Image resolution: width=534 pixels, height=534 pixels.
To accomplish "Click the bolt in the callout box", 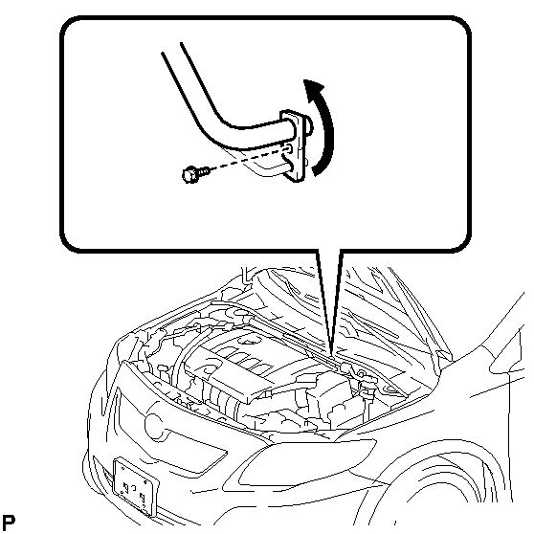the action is pos(196,173).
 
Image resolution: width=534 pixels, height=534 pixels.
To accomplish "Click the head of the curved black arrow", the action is pos(313,89).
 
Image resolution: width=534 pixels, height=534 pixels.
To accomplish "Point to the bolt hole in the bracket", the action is pos(288,148).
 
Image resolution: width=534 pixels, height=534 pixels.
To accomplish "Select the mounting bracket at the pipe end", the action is pos(294,145).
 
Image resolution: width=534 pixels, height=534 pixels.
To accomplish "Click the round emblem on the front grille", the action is pos(155,427).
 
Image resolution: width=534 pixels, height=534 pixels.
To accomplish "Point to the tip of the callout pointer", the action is pos(331,356).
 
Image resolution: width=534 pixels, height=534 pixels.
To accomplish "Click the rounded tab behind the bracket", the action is pos(308,125).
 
